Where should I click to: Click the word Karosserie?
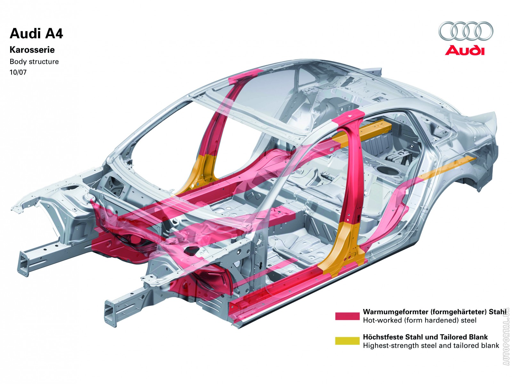click(x=32, y=50)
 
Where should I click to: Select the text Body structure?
click(x=34, y=61)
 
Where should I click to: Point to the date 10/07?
click(x=18, y=72)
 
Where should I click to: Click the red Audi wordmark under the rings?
click(x=464, y=51)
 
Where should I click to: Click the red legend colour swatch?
click(x=347, y=316)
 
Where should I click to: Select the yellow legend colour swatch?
click(x=347, y=340)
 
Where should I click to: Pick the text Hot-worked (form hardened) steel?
click(x=420, y=320)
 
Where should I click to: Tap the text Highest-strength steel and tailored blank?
click(x=431, y=345)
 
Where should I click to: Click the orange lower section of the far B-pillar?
click(x=201, y=172)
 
